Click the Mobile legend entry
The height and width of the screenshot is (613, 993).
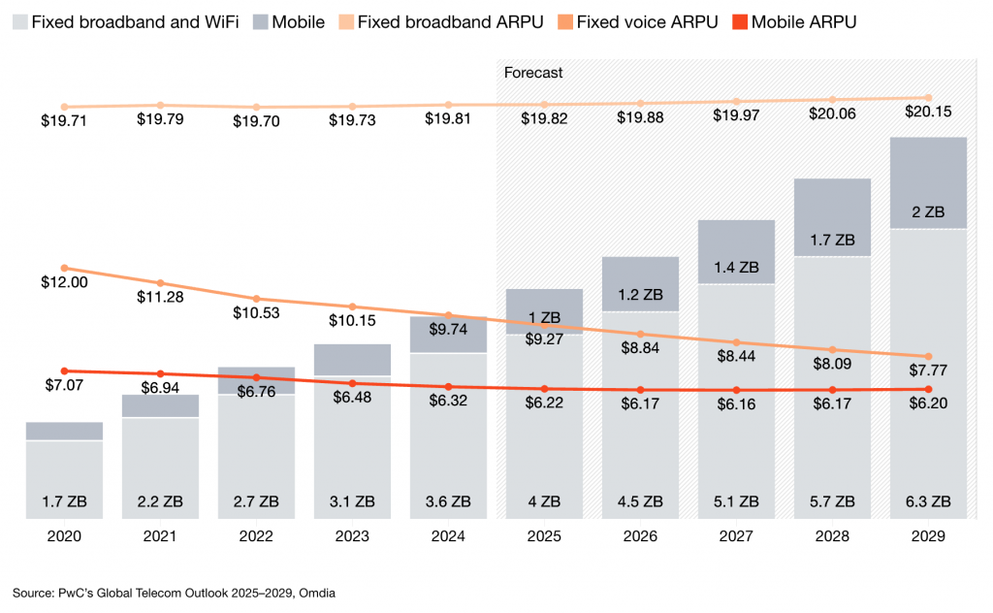click(x=298, y=21)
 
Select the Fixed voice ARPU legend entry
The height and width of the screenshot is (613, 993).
click(x=646, y=21)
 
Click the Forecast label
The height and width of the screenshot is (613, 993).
click(x=533, y=73)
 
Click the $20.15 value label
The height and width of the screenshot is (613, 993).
click(x=928, y=112)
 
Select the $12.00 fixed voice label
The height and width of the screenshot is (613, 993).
click(x=65, y=282)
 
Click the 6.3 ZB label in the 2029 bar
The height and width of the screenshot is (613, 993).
click(x=928, y=501)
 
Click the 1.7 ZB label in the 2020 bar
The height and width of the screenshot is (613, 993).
click(x=65, y=501)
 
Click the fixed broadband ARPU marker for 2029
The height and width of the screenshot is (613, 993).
click(x=928, y=98)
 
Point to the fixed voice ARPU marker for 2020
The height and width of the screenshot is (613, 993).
click(x=65, y=268)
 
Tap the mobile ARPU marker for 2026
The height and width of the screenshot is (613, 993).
click(x=640, y=390)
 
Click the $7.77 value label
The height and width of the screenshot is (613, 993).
click(x=928, y=370)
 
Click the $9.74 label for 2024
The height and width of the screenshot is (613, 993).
click(x=448, y=330)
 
